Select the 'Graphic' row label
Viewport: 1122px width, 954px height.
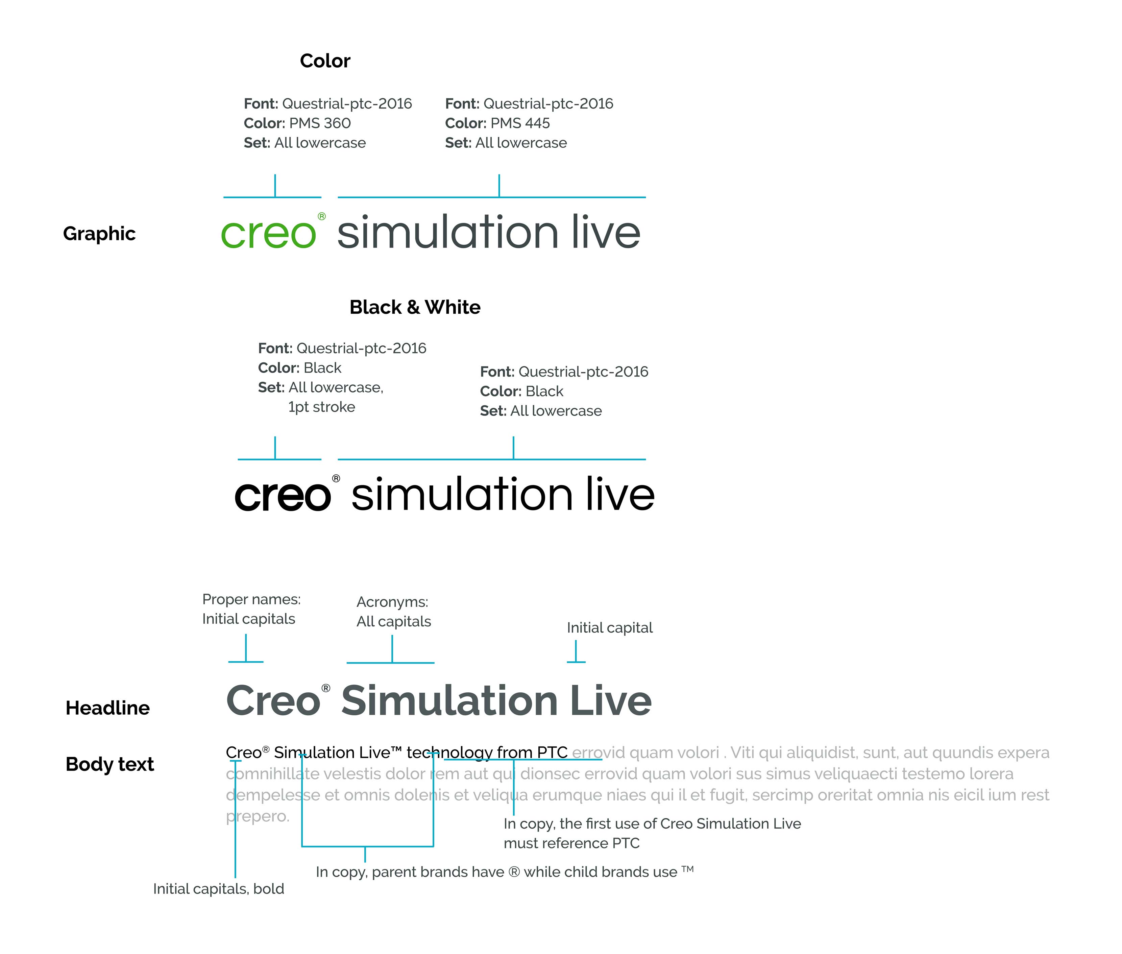(99, 234)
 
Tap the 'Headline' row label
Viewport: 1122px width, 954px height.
(107, 708)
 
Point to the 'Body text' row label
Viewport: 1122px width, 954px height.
(110, 764)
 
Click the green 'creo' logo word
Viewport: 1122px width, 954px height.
(268, 234)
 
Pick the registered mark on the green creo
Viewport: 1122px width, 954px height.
(322, 216)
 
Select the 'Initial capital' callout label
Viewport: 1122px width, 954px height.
(609, 627)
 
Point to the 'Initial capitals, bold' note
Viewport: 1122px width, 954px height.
(218, 888)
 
